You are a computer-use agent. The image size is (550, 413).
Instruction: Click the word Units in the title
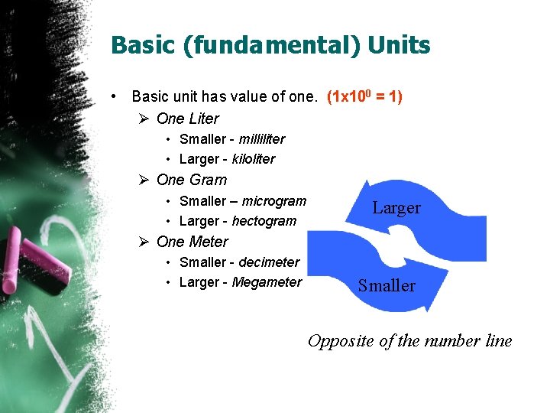tap(399, 45)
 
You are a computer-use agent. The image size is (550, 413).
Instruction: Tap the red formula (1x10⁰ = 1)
tap(364, 97)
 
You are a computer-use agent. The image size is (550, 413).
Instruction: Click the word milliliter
tap(262, 139)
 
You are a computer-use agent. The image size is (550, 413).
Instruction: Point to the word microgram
tap(273, 201)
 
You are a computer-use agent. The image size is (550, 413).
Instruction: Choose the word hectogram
tap(264, 221)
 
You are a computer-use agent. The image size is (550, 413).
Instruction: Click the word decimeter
tap(269, 262)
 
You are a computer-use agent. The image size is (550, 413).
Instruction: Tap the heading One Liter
tap(187, 119)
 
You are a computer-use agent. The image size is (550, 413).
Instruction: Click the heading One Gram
tap(191, 180)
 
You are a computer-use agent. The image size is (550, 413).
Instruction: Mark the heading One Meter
tap(192, 242)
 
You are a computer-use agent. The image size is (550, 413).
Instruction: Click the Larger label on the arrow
tap(396, 208)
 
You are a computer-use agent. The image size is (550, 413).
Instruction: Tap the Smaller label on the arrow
tap(387, 286)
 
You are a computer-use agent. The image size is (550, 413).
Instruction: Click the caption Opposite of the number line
tap(409, 341)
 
